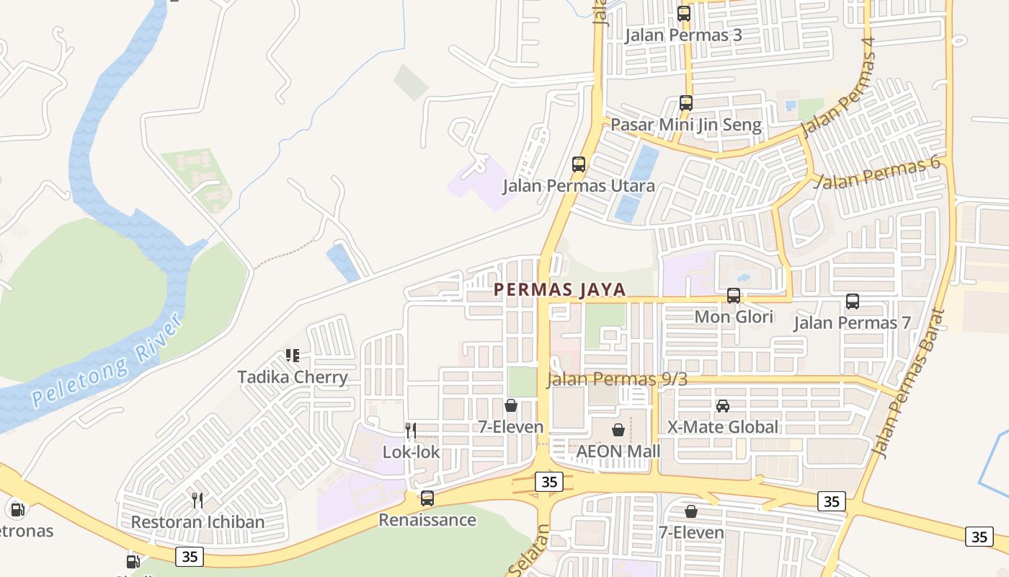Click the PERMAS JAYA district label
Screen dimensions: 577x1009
tap(559, 290)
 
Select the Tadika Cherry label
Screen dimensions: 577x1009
tap(293, 376)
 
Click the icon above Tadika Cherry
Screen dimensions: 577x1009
tap(293, 356)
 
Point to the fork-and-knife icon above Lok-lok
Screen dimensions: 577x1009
tap(411, 431)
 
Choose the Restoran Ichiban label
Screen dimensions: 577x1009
tap(197, 521)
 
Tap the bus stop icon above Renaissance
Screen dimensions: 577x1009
tap(427, 498)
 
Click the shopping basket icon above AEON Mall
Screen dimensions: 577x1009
tap(618, 431)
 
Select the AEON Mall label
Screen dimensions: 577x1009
tap(618, 452)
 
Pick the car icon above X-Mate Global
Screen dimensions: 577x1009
tap(723, 406)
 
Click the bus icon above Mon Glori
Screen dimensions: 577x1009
tap(734, 296)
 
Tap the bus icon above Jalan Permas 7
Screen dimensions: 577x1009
tap(853, 301)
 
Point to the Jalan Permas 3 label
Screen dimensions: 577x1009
tap(683, 35)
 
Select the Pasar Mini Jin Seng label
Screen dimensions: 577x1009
tap(685, 125)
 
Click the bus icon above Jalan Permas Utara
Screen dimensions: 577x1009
tap(579, 164)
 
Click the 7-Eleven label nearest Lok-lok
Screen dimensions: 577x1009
tap(511, 427)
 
